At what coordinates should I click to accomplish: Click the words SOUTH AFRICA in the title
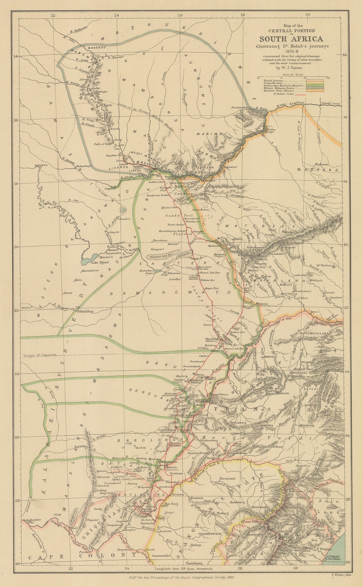292,39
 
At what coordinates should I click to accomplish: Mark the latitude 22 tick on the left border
16,310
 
